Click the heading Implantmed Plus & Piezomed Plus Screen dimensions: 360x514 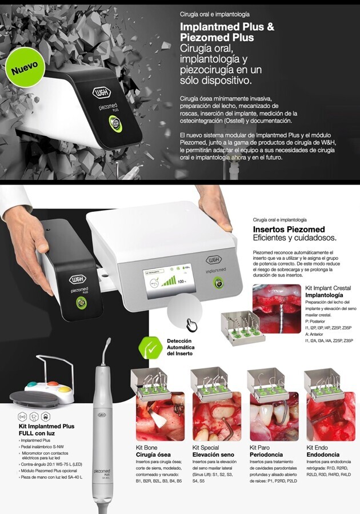227,32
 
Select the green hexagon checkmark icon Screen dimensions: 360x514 150,348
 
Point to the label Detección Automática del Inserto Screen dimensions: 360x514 181,347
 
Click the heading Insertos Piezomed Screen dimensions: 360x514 289,229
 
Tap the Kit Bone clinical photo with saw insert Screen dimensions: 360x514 160,416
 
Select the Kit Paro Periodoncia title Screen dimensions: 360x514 266,451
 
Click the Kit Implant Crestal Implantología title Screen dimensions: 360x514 328,291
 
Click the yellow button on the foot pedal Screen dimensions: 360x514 65,389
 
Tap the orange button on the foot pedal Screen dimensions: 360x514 53,384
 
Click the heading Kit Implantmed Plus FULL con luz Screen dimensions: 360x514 46,429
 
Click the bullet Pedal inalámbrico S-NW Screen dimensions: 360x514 42,447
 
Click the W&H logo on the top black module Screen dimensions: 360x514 102,93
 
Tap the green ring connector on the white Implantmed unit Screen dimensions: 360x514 218,282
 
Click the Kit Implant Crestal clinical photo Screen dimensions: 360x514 277,309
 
